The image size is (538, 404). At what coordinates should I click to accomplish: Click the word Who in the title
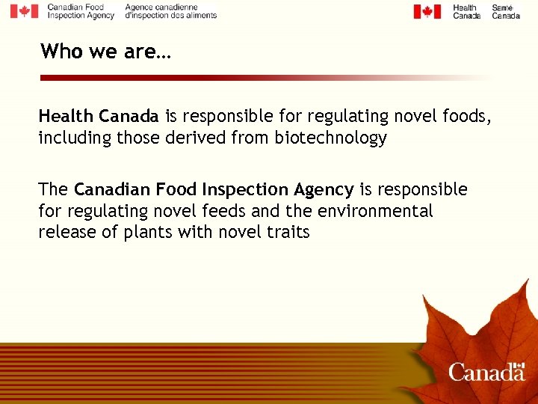click(x=59, y=51)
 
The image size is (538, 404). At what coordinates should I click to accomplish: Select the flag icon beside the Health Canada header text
click(x=427, y=11)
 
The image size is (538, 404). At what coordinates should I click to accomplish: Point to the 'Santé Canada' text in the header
click(x=506, y=12)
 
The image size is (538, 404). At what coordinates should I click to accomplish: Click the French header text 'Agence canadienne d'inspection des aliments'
click(x=170, y=10)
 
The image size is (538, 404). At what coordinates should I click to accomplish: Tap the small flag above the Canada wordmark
click(x=519, y=365)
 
